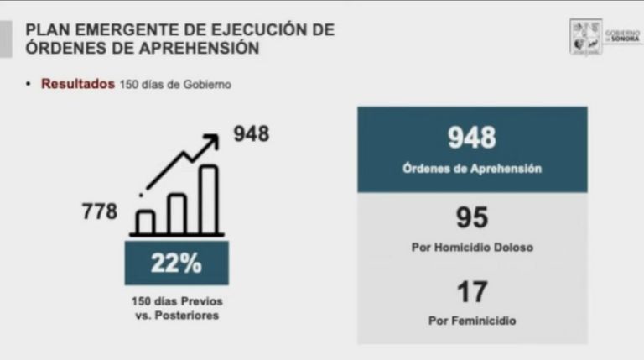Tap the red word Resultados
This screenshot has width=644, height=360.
78,84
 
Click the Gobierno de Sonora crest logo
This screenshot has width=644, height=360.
585,37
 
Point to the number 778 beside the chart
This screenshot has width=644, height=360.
99,211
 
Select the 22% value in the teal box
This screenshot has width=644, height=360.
176,263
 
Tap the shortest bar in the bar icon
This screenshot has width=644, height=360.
145,222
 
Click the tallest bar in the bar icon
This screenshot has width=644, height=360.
208,200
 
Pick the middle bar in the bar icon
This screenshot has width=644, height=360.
177,213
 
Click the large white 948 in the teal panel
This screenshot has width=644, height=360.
471,138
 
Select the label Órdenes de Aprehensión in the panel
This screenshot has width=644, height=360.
471,168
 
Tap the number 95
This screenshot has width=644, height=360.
471,218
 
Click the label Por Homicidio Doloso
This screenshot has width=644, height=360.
471,248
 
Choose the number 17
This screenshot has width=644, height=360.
471,292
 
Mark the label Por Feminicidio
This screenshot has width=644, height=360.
471,321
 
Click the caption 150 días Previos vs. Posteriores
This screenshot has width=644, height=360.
176,307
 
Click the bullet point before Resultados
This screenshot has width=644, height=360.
29,84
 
